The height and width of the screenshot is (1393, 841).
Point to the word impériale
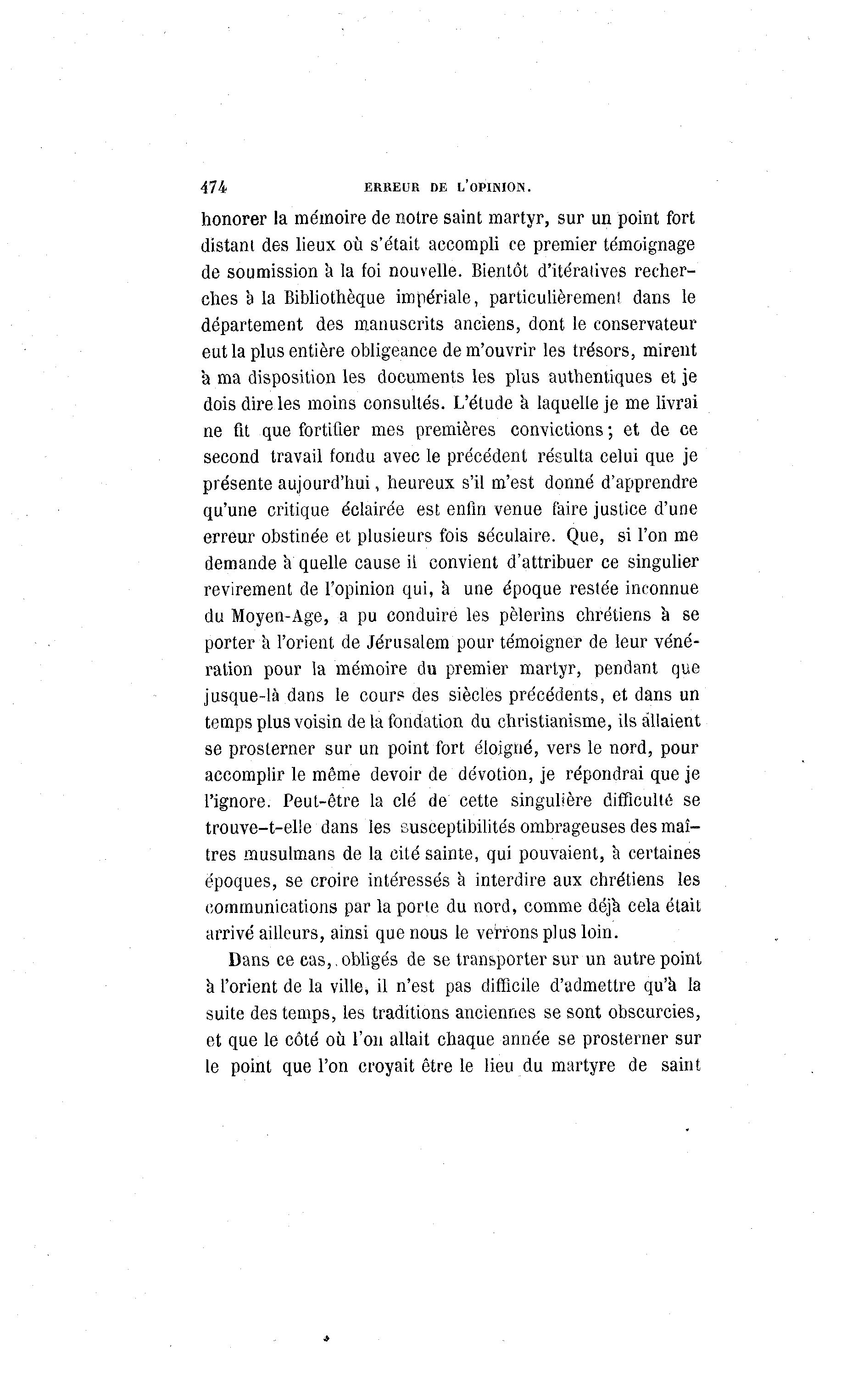click(433, 298)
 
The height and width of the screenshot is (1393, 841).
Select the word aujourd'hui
click(324, 483)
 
